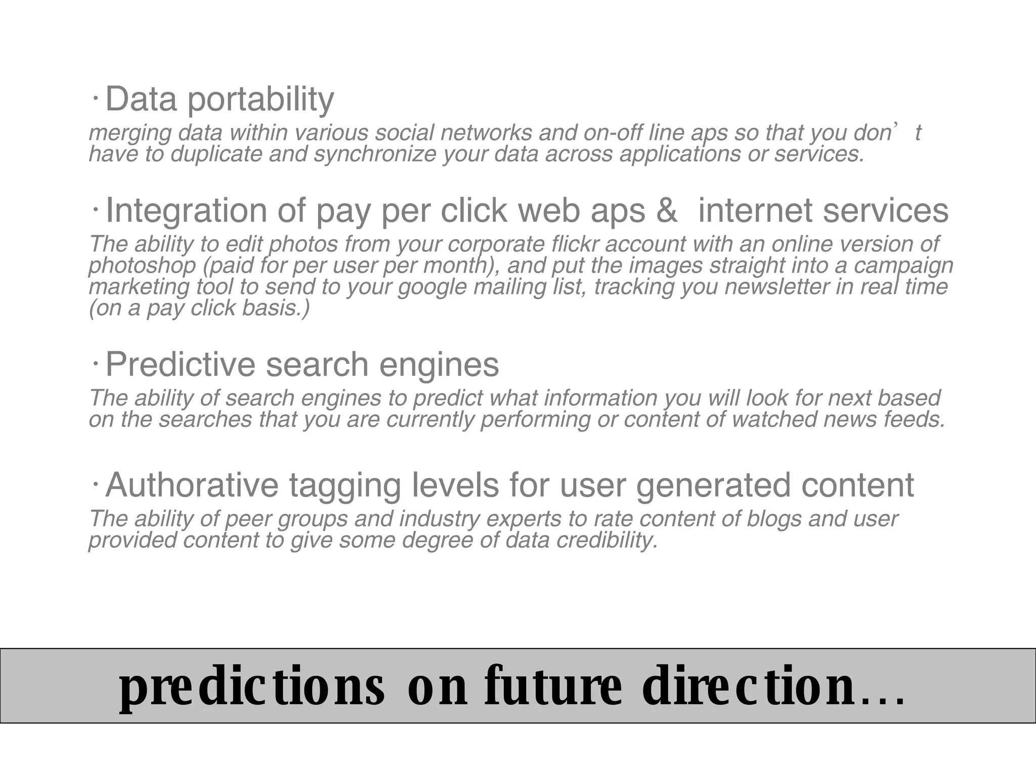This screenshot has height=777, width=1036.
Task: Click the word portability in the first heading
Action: pos(261,100)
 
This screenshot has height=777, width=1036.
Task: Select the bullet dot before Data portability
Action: pos(95,98)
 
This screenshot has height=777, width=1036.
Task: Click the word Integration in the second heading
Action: pos(186,210)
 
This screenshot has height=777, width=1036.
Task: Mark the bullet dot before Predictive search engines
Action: pos(95,363)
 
